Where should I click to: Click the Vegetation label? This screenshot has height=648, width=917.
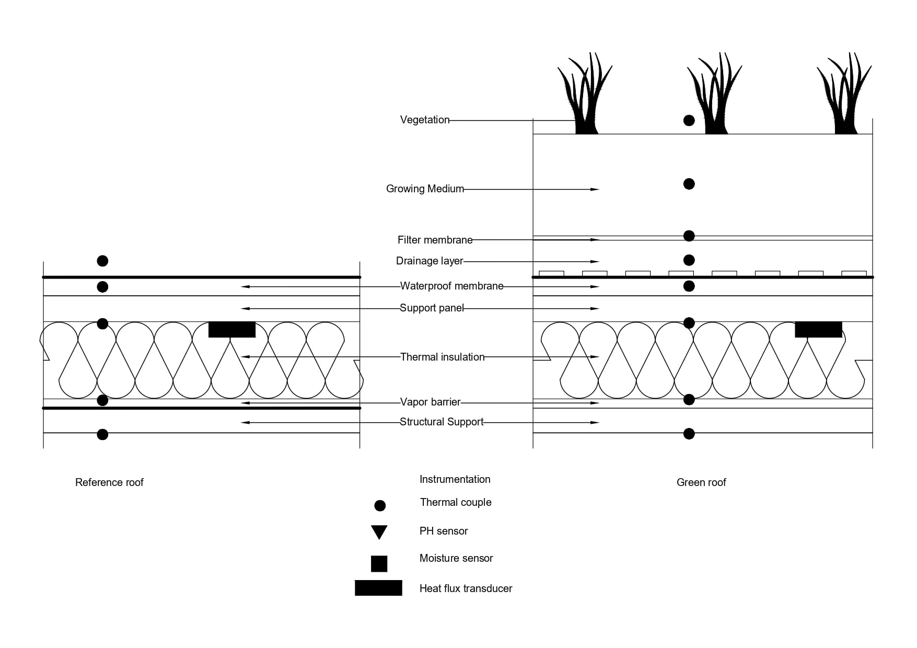425,120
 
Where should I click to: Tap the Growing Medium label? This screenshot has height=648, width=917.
425,189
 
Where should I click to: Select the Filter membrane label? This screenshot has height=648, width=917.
435,240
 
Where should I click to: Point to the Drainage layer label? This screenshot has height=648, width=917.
430,261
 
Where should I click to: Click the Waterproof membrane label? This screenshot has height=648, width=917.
452,286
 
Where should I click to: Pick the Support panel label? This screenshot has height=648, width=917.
432,308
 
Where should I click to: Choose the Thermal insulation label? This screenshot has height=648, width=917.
442,357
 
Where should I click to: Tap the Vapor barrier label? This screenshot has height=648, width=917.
430,402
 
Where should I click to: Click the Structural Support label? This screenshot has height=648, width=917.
442,422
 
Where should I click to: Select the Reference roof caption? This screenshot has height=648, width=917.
109,482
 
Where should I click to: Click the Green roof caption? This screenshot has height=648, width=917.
701,482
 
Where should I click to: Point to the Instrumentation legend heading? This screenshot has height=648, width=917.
455,479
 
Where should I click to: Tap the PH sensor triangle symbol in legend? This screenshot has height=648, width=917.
379,532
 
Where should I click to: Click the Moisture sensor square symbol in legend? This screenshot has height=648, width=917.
379,564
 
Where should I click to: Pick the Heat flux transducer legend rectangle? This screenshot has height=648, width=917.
378,588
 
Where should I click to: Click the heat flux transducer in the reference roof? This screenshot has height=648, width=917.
232,329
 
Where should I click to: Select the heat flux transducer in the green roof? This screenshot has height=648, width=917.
818,329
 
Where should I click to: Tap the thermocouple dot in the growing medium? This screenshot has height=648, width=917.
689,184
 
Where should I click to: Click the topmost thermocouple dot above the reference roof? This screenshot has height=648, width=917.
103,261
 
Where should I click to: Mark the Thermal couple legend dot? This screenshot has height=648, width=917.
380,505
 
